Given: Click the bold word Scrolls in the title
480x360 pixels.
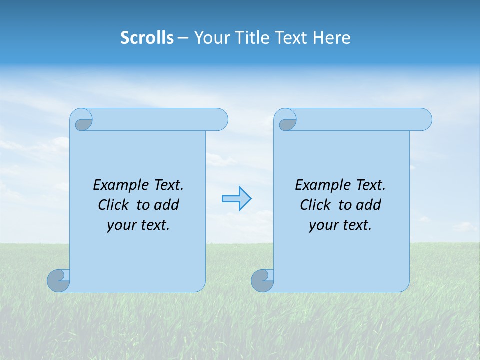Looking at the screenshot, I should [147, 38].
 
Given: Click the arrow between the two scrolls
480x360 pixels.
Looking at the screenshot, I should [236, 199].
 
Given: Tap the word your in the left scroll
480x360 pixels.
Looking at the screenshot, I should [120, 225].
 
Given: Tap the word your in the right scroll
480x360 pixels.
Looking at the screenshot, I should [322, 225].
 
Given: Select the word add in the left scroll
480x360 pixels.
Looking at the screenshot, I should [167, 205].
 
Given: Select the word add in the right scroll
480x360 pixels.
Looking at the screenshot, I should [369, 205].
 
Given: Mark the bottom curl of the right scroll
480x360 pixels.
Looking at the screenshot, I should [262, 281].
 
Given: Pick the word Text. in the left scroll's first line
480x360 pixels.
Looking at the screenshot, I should [167, 185].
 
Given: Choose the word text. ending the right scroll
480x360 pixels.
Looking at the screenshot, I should [356, 225].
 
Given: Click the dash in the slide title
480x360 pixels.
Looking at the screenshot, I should [183, 38].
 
